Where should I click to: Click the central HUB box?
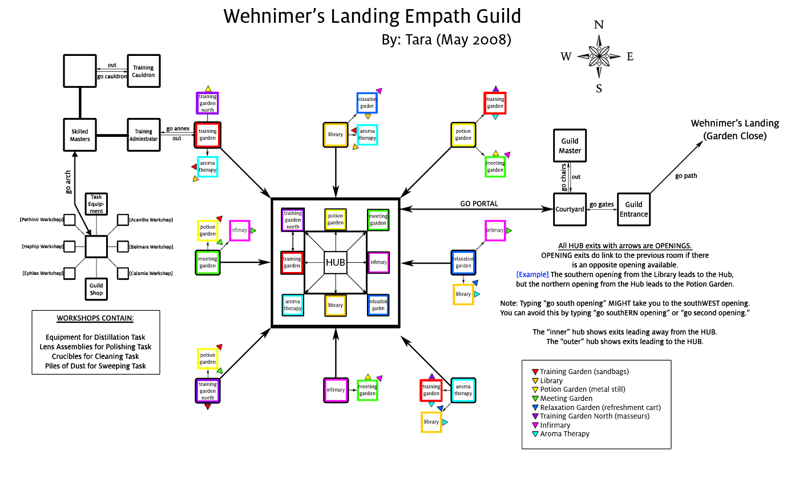tap(335, 262)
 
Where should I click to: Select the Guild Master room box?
tap(570, 146)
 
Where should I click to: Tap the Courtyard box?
tap(570, 209)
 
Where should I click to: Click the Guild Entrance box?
tap(633, 209)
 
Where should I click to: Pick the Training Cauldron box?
tap(143, 71)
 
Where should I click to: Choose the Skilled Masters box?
tap(79, 135)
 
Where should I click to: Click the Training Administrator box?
tap(143, 135)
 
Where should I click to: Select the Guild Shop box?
tap(96, 289)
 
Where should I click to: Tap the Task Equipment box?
tap(96, 204)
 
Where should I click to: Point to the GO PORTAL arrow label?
tap(479, 204)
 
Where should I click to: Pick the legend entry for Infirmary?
tap(555, 425)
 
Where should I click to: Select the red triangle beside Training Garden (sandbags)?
tap(535, 372)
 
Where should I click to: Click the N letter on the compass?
tap(599, 25)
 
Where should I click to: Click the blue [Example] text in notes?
tap(532, 274)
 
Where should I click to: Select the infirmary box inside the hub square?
tap(378, 262)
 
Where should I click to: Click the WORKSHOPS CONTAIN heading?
tap(95, 318)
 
